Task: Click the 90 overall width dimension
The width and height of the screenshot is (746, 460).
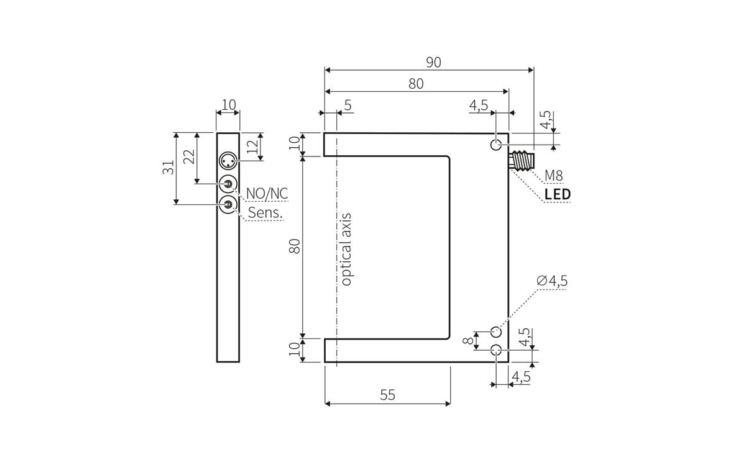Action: tap(433, 62)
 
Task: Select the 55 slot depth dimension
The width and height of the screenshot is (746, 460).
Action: tap(387, 395)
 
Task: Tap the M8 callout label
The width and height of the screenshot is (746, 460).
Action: tap(553, 175)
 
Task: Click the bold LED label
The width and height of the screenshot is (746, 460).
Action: tap(558, 194)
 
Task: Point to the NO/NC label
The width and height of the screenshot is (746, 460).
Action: tap(267, 194)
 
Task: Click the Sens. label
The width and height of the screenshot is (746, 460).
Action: tap(265, 212)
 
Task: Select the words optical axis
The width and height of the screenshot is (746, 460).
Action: tap(346, 250)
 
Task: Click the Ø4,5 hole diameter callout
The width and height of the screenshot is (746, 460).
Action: tap(552, 281)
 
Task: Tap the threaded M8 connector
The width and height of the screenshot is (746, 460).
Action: tap(521, 161)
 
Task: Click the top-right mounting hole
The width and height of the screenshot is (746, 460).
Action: tap(496, 145)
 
